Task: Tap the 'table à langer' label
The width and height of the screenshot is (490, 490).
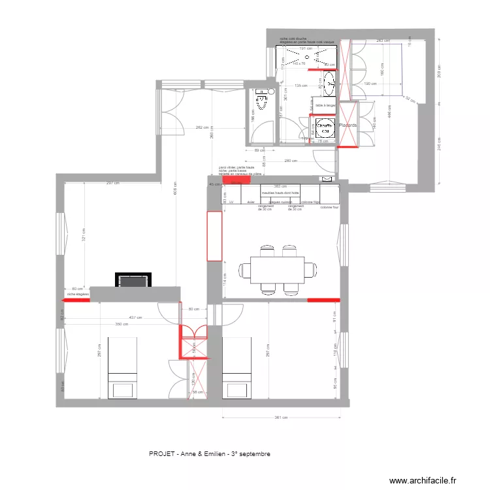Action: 325,105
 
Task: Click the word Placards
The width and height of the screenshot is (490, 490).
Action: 347,125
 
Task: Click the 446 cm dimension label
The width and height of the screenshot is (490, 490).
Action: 389,114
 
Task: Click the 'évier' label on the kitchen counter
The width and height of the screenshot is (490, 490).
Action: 251,203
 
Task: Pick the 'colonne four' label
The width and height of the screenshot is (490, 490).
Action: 331,207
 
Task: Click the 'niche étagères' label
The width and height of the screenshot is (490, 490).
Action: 78,295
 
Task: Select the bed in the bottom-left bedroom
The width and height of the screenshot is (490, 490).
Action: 122,368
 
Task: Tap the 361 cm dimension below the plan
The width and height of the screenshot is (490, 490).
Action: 281,418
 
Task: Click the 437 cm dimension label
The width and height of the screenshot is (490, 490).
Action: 134,318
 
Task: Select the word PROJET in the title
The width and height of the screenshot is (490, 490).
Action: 161,453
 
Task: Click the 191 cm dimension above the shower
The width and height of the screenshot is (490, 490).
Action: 303,48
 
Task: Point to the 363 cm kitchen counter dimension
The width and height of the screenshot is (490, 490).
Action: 280,186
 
